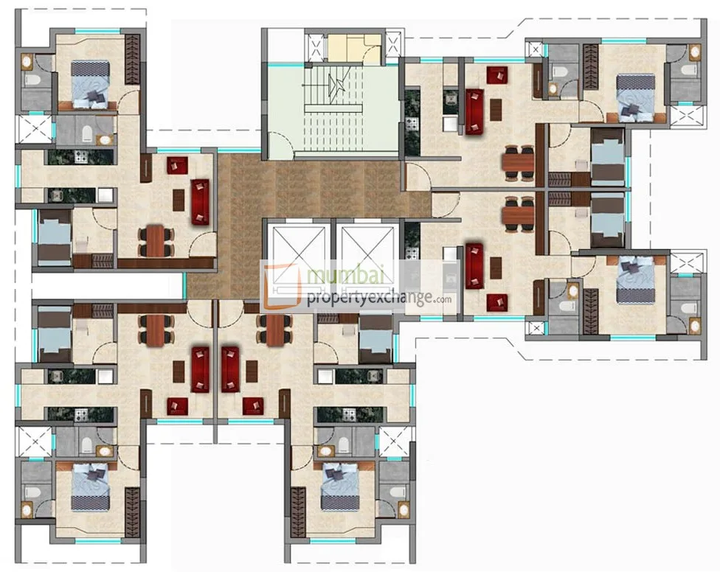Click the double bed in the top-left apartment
[x=90, y=83]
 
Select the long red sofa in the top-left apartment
[x=200, y=201]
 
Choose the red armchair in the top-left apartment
[x=176, y=165]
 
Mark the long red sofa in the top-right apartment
[x=474, y=111]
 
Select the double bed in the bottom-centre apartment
[x=339, y=486]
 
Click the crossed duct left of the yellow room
[x=315, y=49]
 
